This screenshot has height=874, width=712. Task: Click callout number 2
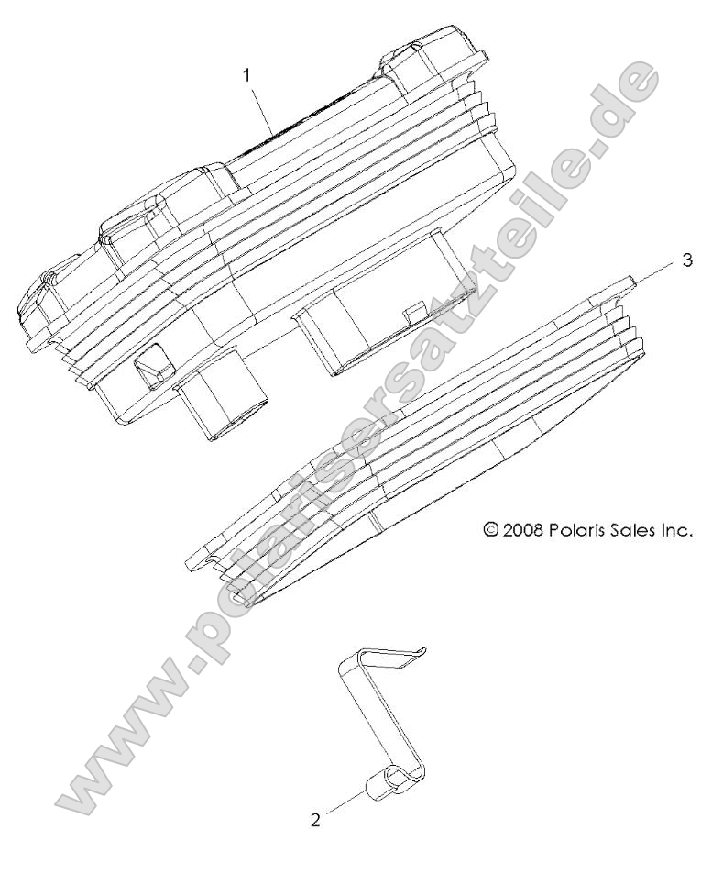315,821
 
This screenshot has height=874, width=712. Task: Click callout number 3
687,261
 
